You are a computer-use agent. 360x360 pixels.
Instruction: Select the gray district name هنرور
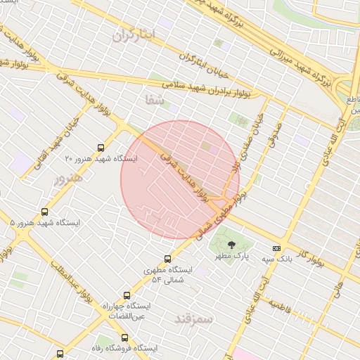(x=68, y=179)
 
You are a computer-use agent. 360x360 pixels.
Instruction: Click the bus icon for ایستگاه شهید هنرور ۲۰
(x=101, y=148)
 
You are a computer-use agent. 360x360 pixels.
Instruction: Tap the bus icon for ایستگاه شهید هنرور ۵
(x=46, y=211)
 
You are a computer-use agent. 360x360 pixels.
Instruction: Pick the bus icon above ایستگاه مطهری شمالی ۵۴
(x=167, y=259)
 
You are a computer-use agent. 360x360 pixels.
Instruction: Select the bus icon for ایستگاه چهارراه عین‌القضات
(x=127, y=296)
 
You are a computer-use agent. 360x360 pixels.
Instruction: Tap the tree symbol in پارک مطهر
(x=232, y=245)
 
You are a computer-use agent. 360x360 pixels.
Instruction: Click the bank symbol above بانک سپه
(x=276, y=248)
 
